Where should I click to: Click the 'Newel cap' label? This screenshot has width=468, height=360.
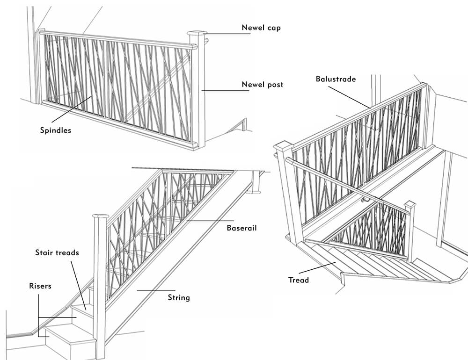(x=261, y=28)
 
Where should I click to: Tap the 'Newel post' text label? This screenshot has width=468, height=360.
(x=262, y=85)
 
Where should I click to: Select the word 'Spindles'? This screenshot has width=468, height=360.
(x=56, y=130)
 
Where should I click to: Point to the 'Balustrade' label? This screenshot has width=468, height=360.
(x=336, y=79)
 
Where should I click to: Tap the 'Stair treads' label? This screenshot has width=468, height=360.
(x=57, y=253)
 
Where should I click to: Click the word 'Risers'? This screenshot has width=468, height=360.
(x=40, y=286)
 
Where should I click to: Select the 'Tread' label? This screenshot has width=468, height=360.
(x=299, y=280)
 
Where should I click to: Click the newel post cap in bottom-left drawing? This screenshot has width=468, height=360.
(x=100, y=216)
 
